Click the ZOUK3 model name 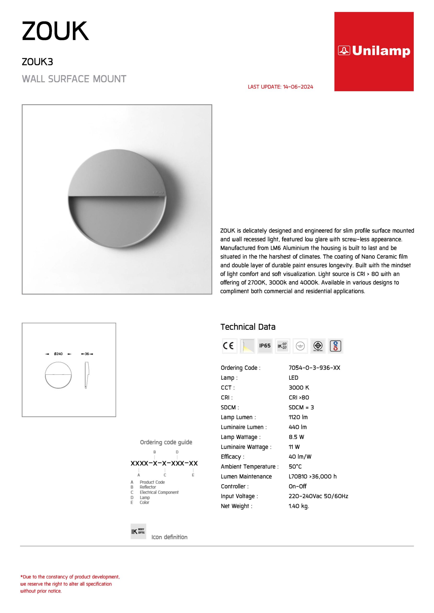(x=37, y=62)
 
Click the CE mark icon (x=229, y=346)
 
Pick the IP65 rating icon (x=265, y=346)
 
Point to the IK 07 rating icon (x=282, y=346)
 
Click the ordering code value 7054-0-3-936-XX (x=314, y=368)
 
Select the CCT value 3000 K (x=299, y=387)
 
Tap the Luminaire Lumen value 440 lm (x=298, y=427)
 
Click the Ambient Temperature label (x=249, y=466)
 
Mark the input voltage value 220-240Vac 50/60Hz (x=318, y=496)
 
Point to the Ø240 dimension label (x=58, y=354)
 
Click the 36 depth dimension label (x=87, y=354)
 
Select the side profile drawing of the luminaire (x=87, y=375)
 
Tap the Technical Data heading (x=248, y=327)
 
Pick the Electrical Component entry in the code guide (x=159, y=492)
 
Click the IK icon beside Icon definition (x=138, y=531)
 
